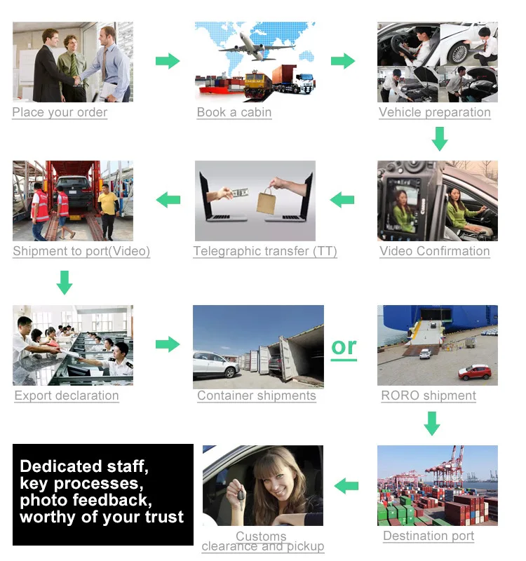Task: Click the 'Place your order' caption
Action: pyautogui.click(x=60, y=112)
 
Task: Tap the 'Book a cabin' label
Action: pyautogui.click(x=234, y=112)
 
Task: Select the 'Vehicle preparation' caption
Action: pyautogui.click(x=435, y=112)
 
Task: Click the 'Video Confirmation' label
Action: pyautogui.click(x=435, y=251)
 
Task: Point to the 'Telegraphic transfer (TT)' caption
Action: pyautogui.click(x=265, y=251)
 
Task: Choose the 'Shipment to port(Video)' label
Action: pyautogui.click(x=81, y=251)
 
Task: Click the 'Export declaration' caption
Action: pyautogui.click(x=67, y=396)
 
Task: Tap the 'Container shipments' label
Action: pyautogui.click(x=257, y=396)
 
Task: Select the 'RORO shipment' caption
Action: pyautogui.click(x=429, y=396)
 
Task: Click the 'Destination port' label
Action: pyautogui.click(x=429, y=536)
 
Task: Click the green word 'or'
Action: pyautogui.click(x=344, y=346)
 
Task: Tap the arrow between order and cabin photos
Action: pyautogui.click(x=167, y=61)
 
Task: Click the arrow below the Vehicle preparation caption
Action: pyautogui.click(x=439, y=138)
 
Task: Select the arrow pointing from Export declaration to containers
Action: pyautogui.click(x=167, y=344)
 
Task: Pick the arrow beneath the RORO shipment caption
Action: pyautogui.click(x=432, y=423)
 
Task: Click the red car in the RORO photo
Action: pyautogui.click(x=475, y=372)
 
